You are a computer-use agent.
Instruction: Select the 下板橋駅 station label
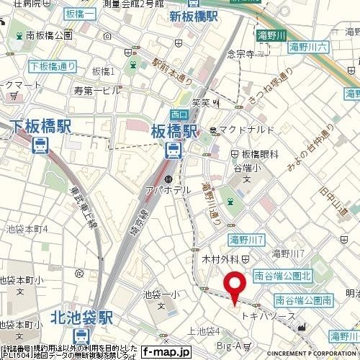click(x=41, y=127)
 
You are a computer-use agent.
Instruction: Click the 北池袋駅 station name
click(x=84, y=317)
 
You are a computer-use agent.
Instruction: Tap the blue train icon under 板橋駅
click(x=174, y=150)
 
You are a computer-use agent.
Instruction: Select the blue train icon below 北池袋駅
click(x=84, y=336)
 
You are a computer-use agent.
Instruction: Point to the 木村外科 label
click(x=225, y=258)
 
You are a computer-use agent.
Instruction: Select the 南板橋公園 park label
click(x=48, y=35)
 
